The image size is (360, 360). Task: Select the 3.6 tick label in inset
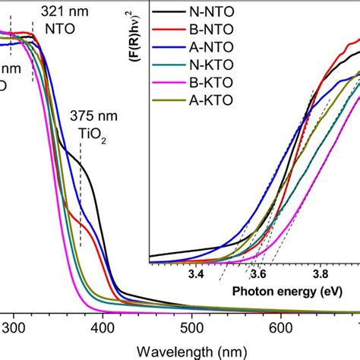[259, 273]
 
